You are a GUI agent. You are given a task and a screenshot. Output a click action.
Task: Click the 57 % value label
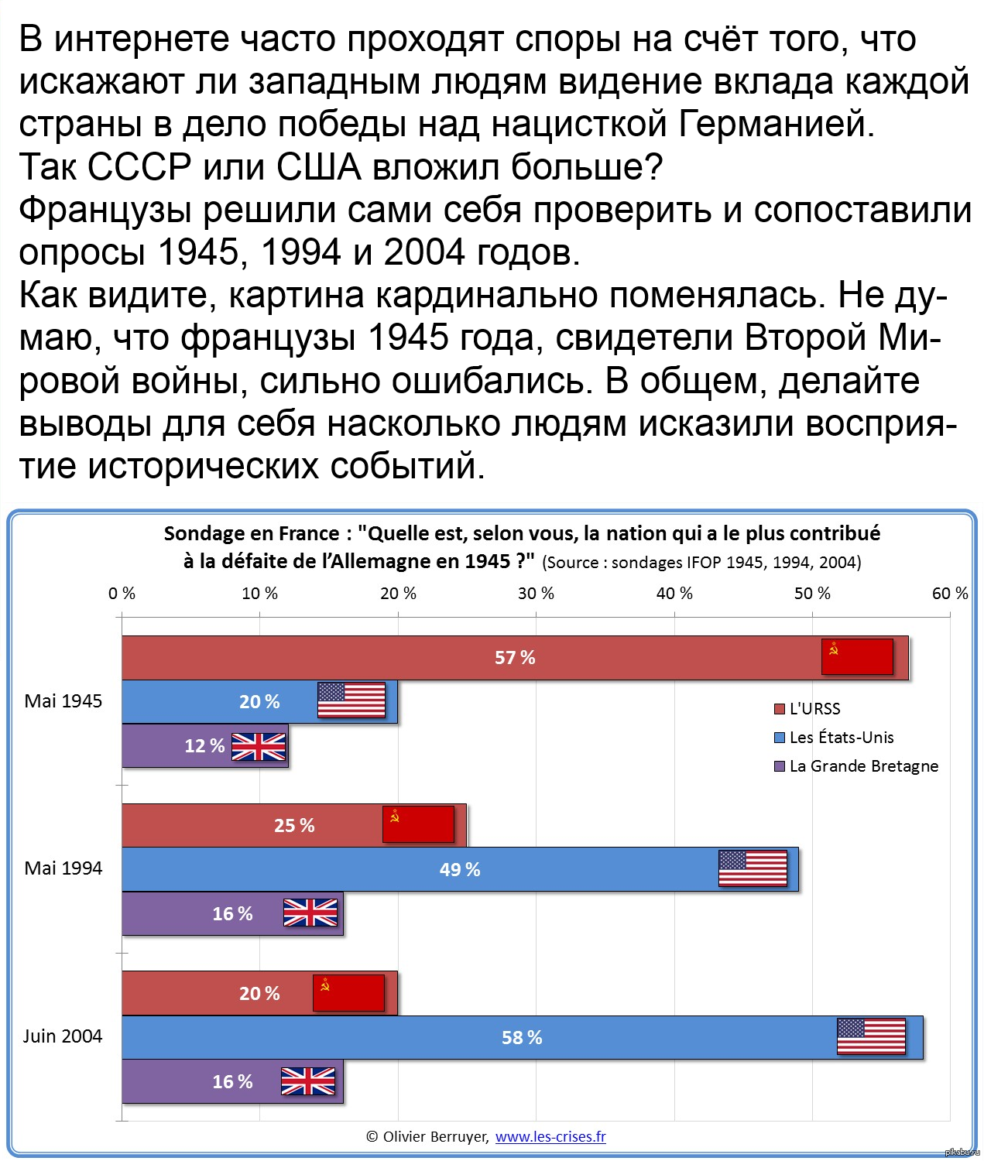[515, 658]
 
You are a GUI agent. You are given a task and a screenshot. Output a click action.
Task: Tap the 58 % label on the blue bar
[522, 1038]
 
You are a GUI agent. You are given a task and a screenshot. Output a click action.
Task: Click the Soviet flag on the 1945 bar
[857, 657]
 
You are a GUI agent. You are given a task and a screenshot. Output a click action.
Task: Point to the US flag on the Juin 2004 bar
[871, 1036]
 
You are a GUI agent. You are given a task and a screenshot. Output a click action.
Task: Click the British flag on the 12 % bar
[259, 747]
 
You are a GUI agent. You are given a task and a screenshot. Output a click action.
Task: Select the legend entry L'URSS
[814, 709]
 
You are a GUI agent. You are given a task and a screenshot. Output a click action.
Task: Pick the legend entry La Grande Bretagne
[863, 766]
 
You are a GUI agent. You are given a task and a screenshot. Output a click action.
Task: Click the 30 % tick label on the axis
[537, 594]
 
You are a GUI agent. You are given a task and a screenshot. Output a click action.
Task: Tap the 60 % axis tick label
[950, 594]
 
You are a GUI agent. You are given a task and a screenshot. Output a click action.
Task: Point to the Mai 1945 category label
[63, 701]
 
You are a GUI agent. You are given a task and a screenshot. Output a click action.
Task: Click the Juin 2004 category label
[63, 1036]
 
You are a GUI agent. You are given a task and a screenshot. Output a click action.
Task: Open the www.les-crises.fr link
[550, 1136]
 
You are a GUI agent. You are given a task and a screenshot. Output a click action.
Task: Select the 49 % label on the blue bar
[460, 870]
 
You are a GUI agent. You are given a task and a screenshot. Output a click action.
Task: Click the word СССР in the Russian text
[139, 167]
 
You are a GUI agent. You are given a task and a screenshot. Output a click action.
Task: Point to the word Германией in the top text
[777, 125]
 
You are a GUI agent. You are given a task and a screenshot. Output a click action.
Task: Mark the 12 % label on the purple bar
[204, 746]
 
